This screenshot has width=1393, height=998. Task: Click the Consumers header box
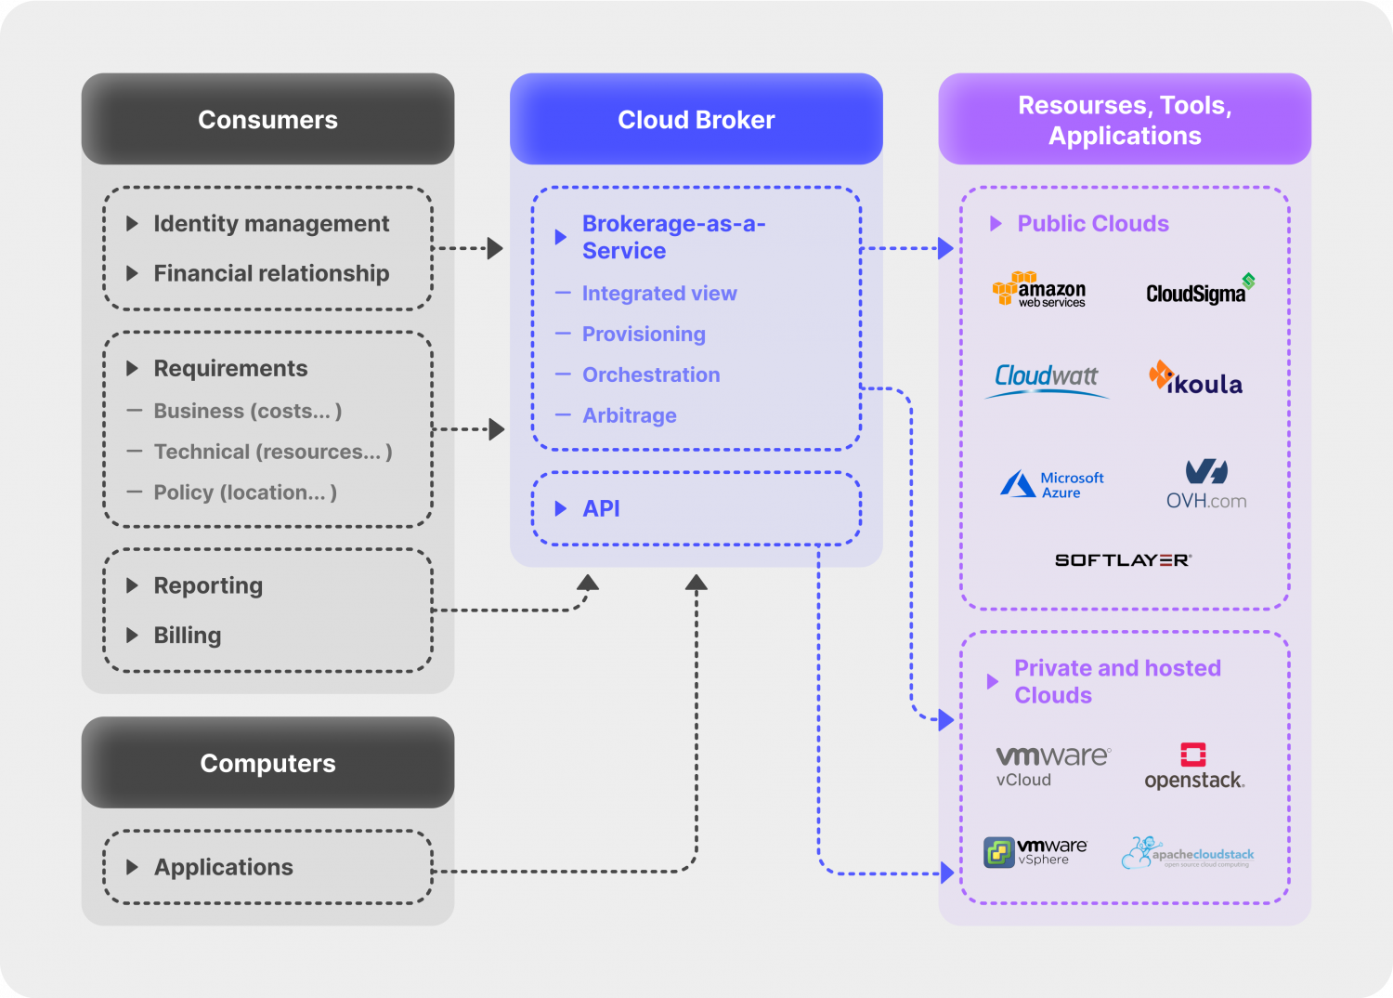point(267,120)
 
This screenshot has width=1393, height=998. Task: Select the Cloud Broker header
point(696,120)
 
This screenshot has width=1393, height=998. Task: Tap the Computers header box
point(267,763)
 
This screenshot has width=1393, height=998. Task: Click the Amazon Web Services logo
point(1039,290)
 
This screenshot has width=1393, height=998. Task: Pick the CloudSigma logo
point(1199,291)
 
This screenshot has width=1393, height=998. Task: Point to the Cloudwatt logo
point(1047,379)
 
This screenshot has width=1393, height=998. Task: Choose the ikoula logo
point(1196,379)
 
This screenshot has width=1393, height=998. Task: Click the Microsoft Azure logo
point(1052,484)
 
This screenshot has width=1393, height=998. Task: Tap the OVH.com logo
point(1205,484)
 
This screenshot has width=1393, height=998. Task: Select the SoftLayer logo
point(1123,560)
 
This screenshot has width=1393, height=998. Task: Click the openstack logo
point(1194,767)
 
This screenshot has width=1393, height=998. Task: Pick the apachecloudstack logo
point(1188,853)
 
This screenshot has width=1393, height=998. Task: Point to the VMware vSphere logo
point(1035,851)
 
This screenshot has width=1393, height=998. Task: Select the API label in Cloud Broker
point(601,508)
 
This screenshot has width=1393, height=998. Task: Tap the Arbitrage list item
point(629,415)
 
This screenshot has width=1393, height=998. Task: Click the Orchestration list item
point(650,374)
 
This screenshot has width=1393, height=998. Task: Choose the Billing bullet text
point(187,636)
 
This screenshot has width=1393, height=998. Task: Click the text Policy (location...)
point(244,492)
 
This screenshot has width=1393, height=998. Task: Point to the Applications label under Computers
point(223,867)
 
